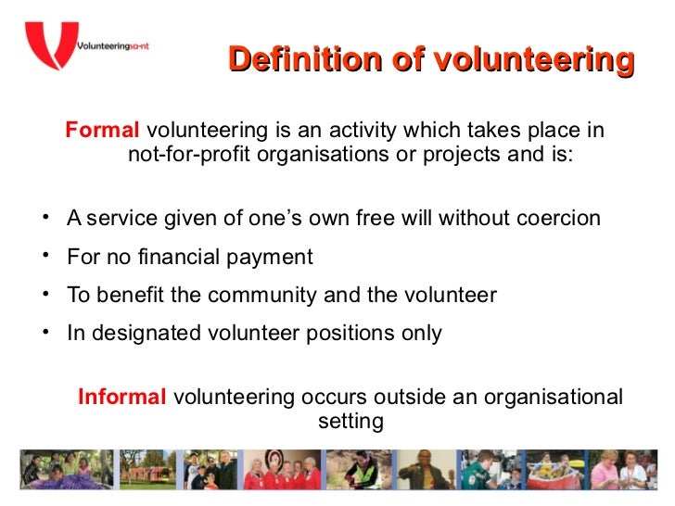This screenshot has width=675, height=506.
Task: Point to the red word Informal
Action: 121,398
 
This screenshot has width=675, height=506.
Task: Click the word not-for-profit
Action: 188,154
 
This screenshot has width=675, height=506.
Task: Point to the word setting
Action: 350,422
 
